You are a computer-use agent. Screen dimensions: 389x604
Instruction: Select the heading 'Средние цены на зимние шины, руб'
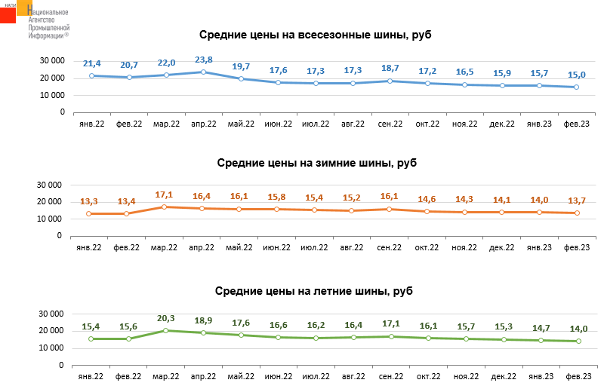tap(316, 163)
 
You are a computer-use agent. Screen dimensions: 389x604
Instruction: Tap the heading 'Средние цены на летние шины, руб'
tap(314, 291)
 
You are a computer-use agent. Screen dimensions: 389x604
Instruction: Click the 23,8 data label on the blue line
tap(204, 60)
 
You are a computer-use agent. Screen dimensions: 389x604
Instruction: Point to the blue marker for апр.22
tap(204, 72)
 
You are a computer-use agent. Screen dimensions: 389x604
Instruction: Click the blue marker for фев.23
tap(577, 87)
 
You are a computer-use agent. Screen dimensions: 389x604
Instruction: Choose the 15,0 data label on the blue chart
tap(578, 74)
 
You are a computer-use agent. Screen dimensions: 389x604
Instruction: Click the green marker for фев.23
tap(577, 341)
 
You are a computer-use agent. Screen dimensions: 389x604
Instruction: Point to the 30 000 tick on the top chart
tap(51, 60)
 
